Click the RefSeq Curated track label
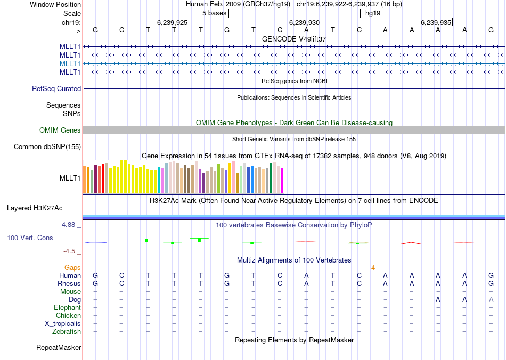56,89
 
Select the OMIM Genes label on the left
60,130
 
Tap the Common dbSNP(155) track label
47,147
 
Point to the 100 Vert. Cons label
30,238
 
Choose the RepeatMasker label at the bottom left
59,348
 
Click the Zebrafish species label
67,332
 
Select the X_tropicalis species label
63,324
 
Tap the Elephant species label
68,308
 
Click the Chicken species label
68,316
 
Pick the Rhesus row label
69,284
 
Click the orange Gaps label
73,267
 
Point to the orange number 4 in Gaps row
373,267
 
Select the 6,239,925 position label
173,22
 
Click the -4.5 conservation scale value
70,251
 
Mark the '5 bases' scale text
214,13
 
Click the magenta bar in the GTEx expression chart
282,181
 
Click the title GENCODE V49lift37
294,39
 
